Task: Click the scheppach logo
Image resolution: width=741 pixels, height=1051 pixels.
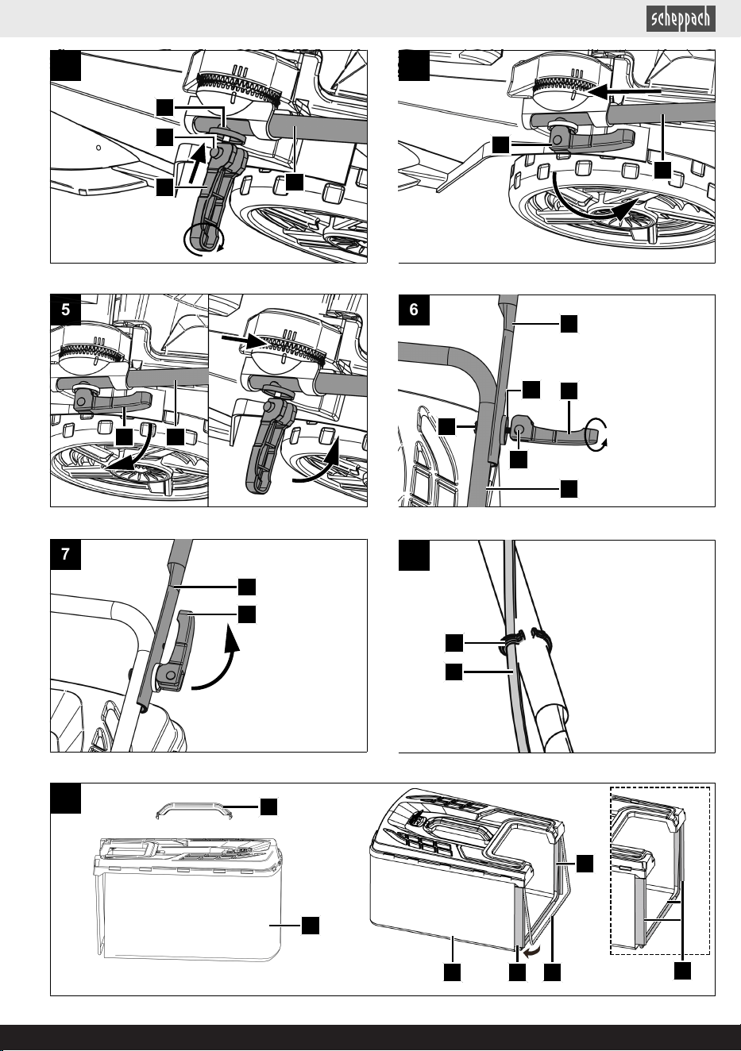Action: coord(681,19)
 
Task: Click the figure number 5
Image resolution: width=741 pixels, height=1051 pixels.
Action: coord(65,310)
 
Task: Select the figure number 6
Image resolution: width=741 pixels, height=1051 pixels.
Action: coord(414,310)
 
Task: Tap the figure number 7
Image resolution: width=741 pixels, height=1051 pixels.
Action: coord(65,554)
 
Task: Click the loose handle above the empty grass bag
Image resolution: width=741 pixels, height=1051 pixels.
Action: coord(195,808)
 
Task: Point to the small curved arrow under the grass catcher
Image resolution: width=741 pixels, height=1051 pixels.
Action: coord(532,951)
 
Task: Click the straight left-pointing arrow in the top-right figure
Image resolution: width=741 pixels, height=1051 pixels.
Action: coord(624,92)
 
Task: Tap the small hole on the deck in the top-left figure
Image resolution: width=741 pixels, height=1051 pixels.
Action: coord(98,148)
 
